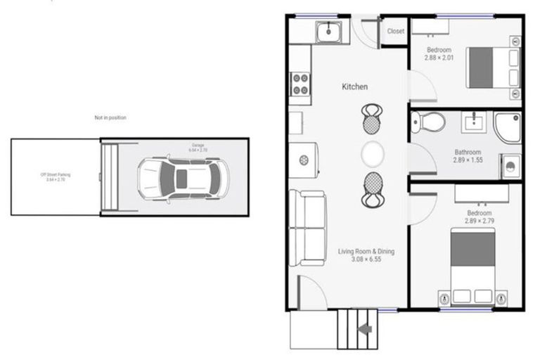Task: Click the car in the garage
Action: point(182,176)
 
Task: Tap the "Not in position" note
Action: point(110,117)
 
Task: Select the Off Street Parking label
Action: point(56,176)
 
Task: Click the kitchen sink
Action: point(328,32)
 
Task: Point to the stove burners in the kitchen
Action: point(300,84)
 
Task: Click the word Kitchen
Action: point(354,86)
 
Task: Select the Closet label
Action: point(396,31)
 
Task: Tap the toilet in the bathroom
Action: point(427,122)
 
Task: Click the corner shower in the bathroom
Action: point(508,127)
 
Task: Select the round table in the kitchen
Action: point(373,153)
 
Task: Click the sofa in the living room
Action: point(307,227)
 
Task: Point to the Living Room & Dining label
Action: point(366,255)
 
